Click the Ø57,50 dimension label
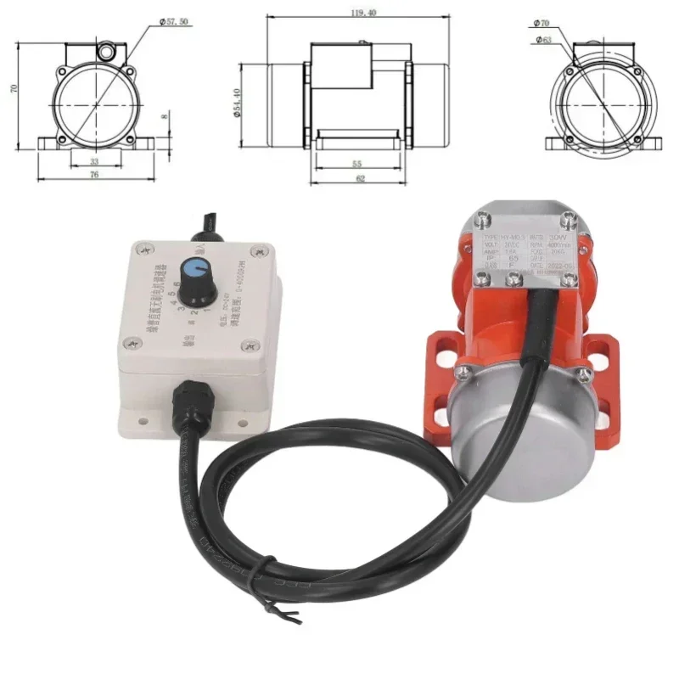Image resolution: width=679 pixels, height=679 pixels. [174, 23]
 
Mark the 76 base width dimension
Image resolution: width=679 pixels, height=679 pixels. [93, 176]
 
